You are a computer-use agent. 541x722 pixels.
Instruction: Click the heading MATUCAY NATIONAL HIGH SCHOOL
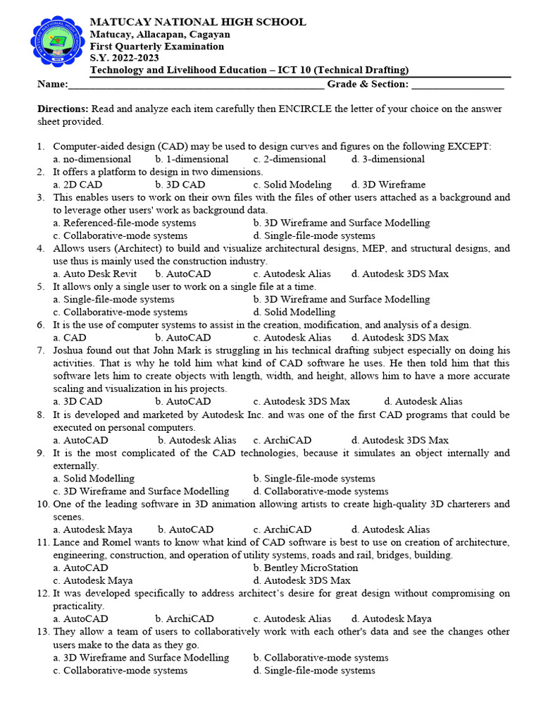tap(198, 22)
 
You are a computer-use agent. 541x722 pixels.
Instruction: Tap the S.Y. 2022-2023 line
tap(124, 58)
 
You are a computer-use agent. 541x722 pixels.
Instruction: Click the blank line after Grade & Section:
tap(457, 85)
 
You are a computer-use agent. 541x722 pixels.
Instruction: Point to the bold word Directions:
tap(63, 109)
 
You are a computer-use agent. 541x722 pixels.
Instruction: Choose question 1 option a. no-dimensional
tap(92, 159)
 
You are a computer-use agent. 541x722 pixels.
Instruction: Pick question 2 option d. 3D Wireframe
tap(388, 185)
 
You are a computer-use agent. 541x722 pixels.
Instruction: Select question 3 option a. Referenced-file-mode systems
tap(125, 223)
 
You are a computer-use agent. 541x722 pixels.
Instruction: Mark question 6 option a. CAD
tap(70, 338)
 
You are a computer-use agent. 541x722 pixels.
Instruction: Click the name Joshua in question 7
tap(69, 350)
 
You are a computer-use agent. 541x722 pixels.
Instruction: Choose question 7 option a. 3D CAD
tap(77, 401)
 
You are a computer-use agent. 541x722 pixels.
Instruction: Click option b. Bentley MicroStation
tap(306, 568)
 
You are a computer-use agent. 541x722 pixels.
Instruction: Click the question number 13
tap(43, 632)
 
